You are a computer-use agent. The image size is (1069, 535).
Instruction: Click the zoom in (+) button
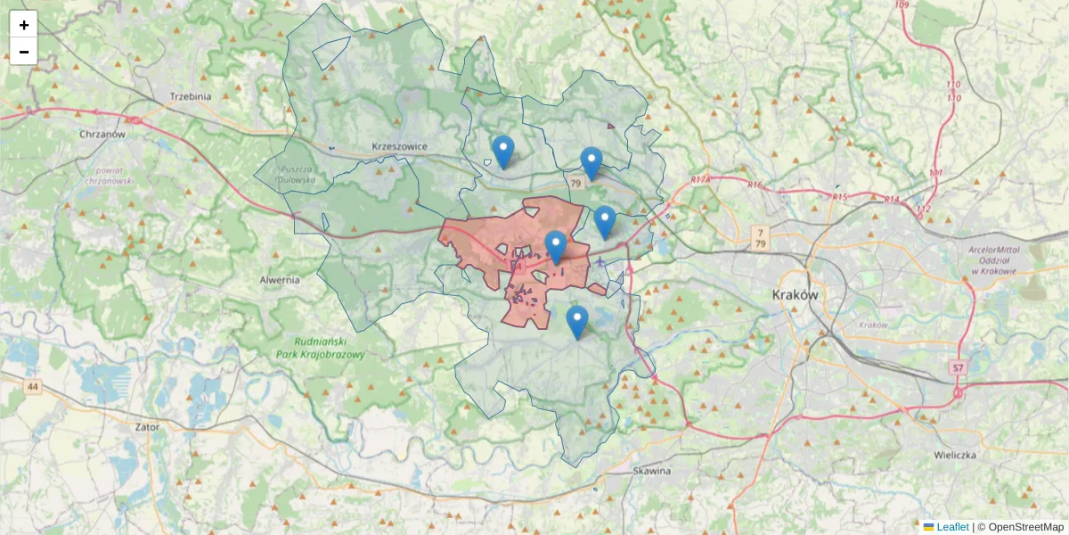[24, 25]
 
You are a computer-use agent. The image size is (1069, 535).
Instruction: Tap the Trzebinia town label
[190, 96]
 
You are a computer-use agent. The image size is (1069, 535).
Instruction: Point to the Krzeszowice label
[400, 146]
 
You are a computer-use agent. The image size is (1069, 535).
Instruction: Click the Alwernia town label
[280, 279]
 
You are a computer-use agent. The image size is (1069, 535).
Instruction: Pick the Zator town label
[147, 427]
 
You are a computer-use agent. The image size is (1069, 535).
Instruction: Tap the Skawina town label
[651, 470]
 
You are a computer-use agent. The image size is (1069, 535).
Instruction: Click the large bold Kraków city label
[796, 295]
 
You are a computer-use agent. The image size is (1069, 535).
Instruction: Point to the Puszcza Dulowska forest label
[298, 175]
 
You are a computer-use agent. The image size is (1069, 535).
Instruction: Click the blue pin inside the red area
[556, 246]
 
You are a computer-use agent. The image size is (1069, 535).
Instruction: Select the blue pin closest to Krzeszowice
[503, 152]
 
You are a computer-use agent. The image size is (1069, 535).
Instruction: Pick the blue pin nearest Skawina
[577, 322]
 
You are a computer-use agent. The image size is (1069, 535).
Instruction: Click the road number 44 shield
[33, 386]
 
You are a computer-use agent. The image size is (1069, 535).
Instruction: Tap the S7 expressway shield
[957, 367]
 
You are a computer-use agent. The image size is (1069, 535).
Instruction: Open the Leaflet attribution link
[952, 527]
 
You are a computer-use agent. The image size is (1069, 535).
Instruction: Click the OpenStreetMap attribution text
[1025, 527]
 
